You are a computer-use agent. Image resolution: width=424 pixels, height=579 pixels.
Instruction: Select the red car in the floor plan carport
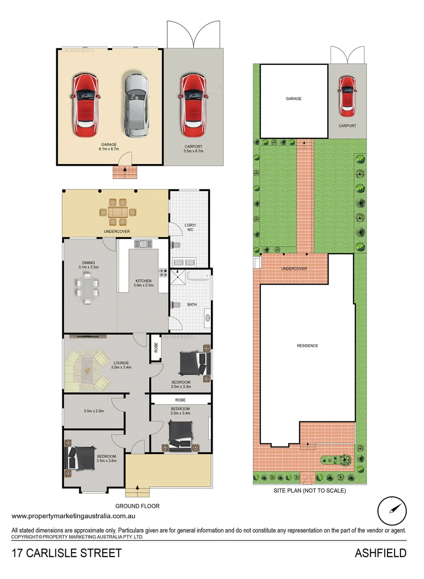coord(192,105)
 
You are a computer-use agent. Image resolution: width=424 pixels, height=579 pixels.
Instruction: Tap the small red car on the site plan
coord(347,96)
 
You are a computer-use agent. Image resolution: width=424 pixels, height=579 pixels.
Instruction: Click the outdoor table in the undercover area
coord(116,213)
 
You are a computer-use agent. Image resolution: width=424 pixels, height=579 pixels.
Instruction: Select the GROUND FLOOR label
coord(137,506)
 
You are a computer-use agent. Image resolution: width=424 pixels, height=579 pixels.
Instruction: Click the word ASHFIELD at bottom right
coord(380,553)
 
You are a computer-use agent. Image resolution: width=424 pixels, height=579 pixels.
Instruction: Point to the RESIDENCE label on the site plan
coord(308,346)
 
